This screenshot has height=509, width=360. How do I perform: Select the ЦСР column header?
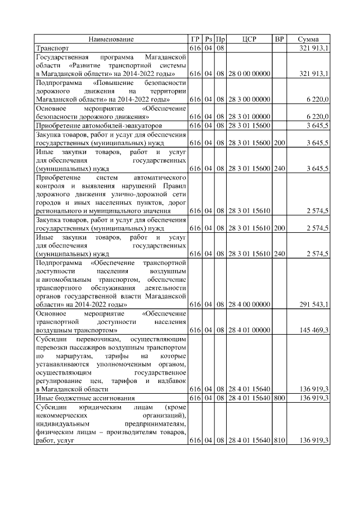249,39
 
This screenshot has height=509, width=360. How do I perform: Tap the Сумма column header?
308,39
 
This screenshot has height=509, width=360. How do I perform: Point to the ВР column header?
279,39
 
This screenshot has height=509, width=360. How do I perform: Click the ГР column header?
195,39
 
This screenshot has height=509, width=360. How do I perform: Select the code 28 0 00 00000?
249,74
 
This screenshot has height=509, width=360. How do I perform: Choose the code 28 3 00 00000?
249,99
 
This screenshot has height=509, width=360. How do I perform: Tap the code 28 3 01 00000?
249,116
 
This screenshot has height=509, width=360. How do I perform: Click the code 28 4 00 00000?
249,304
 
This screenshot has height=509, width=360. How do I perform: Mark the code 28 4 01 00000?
249,330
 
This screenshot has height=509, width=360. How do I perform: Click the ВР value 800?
279,398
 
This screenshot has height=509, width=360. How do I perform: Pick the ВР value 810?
279,440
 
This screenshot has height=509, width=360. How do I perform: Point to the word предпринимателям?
152,423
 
